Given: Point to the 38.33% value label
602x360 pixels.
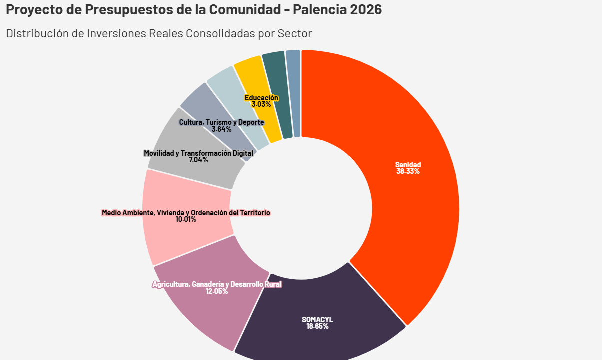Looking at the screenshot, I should tap(408, 171).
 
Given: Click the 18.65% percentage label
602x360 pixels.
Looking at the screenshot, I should tap(317, 326).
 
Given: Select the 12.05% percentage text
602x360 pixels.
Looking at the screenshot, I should tap(217, 291).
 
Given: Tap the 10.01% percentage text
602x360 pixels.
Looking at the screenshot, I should tap(186, 219).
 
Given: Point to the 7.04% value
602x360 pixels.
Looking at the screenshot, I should tap(198, 160).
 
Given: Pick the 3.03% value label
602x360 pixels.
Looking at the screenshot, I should tap(261, 105).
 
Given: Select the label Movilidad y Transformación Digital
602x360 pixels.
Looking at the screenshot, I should tap(198, 153).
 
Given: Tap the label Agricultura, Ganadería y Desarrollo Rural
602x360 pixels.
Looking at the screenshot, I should tap(217, 285).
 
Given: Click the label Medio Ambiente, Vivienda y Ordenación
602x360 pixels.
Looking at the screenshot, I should tap(186, 213).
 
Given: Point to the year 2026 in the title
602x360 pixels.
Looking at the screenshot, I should tap(366, 9).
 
